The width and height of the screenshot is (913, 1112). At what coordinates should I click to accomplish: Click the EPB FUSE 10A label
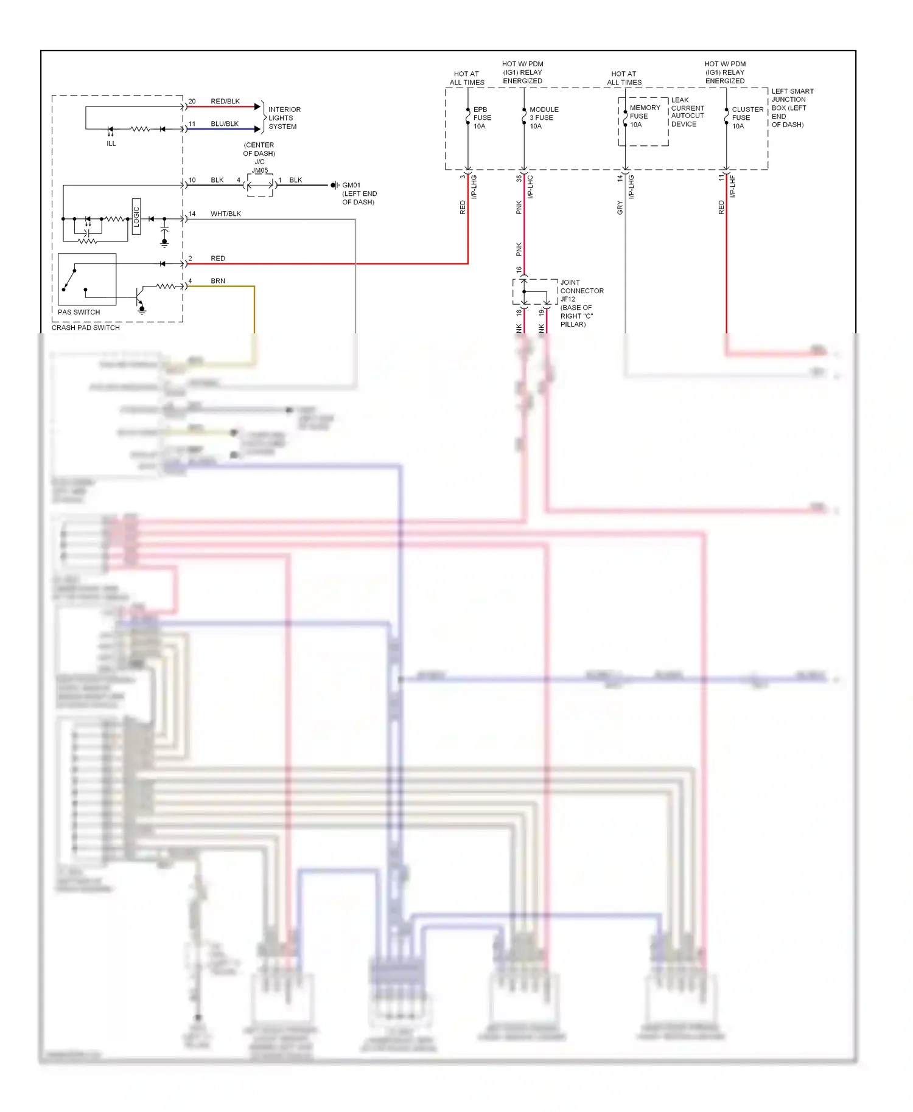click(x=481, y=118)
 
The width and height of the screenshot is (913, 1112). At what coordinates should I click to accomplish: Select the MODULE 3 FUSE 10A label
click(x=543, y=118)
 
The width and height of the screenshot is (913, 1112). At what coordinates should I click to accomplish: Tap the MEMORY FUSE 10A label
click(x=644, y=116)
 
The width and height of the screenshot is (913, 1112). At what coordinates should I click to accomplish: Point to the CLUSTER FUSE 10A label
click(x=747, y=118)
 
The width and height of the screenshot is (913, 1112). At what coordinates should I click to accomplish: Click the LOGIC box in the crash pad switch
click(x=136, y=217)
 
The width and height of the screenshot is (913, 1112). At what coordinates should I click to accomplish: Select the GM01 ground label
click(x=351, y=185)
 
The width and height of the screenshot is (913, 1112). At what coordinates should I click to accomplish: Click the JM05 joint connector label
click(x=260, y=170)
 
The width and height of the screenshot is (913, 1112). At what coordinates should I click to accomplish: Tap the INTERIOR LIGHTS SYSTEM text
click(x=284, y=118)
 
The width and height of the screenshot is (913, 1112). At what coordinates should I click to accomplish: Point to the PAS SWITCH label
click(x=79, y=312)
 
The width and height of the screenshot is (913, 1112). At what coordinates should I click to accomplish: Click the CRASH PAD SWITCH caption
click(x=85, y=327)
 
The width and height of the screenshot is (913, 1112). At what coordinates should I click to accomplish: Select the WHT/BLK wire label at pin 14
click(x=225, y=214)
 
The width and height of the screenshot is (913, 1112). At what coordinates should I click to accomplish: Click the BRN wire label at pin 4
click(x=217, y=281)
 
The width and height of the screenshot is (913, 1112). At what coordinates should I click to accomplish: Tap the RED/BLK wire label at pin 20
click(x=225, y=101)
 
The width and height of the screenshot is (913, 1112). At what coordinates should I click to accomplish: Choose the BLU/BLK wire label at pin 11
click(x=224, y=123)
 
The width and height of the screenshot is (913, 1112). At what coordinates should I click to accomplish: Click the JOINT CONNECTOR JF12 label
click(x=581, y=291)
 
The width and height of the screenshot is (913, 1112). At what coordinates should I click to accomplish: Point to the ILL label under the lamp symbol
click(x=111, y=144)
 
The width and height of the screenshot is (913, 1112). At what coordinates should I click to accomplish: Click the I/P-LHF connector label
click(x=732, y=186)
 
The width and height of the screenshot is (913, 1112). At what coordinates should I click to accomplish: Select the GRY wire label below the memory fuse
click(x=620, y=207)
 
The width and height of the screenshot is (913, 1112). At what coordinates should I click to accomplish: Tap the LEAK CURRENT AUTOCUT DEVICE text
click(x=687, y=112)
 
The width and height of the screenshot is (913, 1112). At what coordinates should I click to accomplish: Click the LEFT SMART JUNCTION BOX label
click(x=791, y=108)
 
